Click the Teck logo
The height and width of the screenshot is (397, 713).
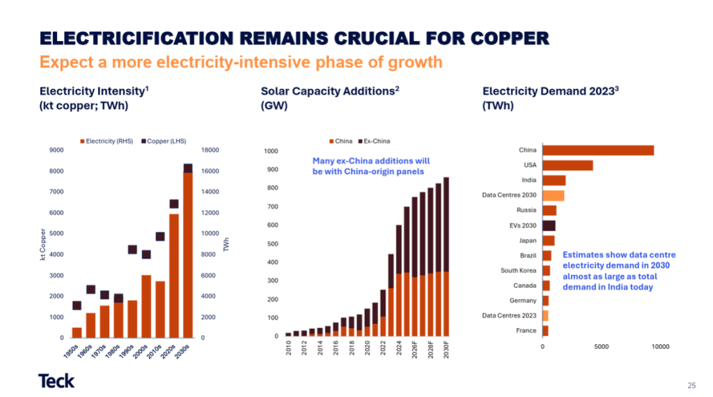coord(56,380)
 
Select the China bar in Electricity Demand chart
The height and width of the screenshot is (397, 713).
coord(597,150)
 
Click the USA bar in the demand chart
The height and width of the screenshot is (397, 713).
coord(567,165)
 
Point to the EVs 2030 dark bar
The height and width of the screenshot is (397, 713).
coord(549,225)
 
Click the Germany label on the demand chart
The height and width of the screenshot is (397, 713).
coord(523,300)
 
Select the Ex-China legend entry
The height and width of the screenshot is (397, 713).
coord(376,141)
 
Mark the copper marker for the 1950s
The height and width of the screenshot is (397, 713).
coord(77,305)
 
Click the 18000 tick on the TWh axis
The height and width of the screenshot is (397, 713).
coord(210,150)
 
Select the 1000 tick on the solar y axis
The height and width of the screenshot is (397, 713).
coord(271,151)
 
